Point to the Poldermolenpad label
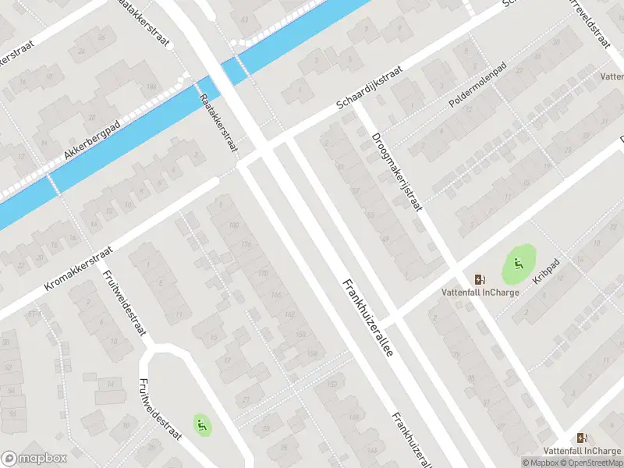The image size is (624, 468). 477,93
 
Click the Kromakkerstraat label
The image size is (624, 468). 79,269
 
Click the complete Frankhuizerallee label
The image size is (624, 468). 366,317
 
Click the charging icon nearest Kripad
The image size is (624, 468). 479,279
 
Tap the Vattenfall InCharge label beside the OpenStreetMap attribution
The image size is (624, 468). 581,451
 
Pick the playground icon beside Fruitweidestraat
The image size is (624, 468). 202,424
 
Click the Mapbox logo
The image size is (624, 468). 34,459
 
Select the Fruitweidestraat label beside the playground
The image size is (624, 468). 159,409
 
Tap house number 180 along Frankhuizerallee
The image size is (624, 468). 235,227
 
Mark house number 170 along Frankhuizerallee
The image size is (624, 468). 263,273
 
